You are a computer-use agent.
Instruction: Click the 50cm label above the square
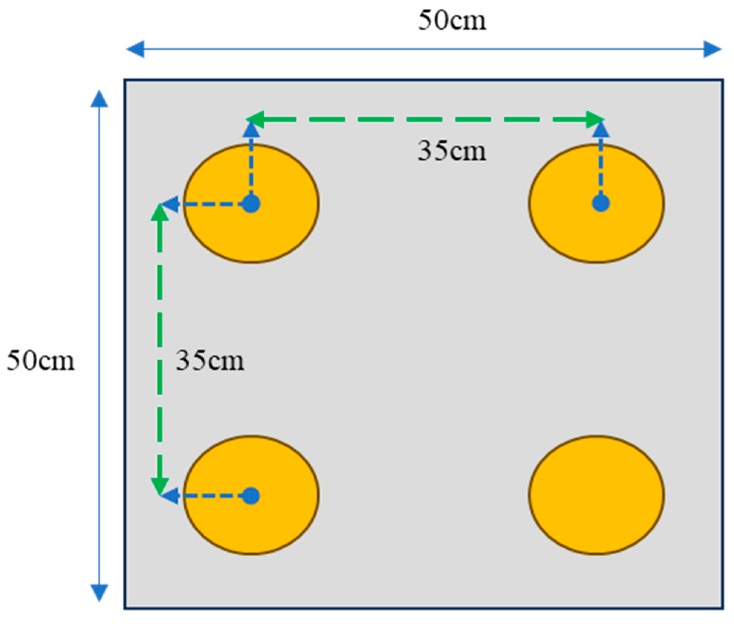coord(452,20)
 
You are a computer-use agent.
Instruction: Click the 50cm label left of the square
coord(40,360)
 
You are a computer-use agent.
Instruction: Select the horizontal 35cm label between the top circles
coord(452,151)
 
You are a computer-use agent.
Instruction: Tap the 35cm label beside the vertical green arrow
coord(210,360)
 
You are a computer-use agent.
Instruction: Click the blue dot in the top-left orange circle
coord(251,204)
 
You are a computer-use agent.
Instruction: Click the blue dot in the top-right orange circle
coord(601,203)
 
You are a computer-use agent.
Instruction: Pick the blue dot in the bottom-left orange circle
coord(251,496)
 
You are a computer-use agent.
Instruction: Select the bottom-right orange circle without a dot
coord(596,495)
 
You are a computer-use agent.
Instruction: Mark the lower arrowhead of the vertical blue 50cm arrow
coord(99,592)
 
